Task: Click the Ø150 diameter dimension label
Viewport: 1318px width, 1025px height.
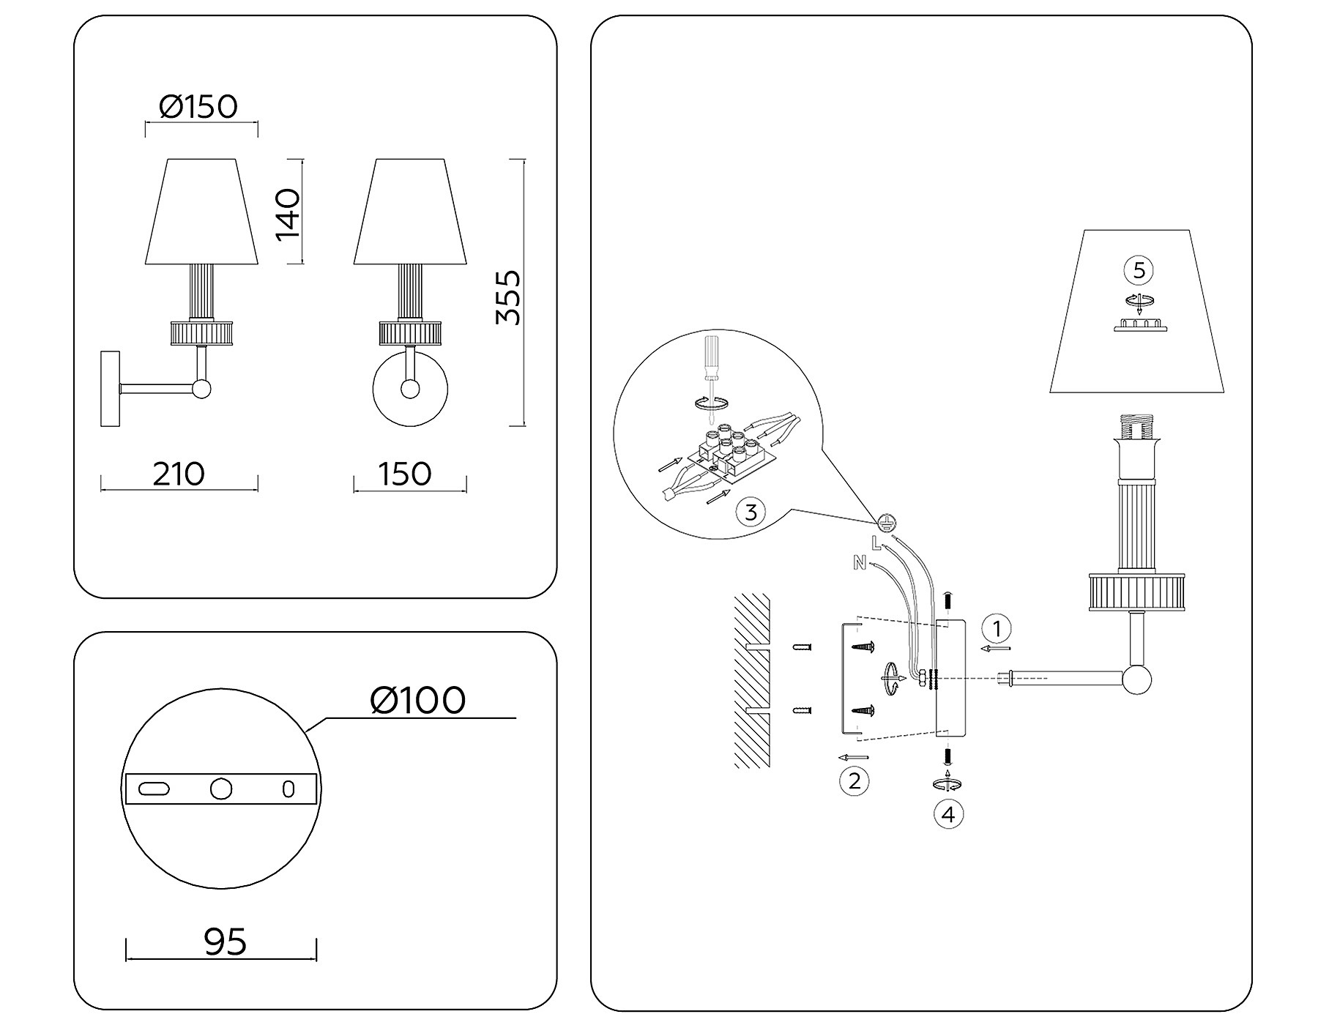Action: pos(198,107)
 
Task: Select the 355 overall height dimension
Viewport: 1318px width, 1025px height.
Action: pos(507,297)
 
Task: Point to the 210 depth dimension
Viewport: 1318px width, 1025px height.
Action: pos(179,474)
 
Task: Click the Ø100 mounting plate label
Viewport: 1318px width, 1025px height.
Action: pos(418,701)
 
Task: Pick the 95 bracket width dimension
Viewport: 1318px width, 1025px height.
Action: pos(225,942)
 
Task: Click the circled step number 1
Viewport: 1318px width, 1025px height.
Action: pos(996,628)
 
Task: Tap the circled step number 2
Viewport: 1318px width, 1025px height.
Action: pos(854,780)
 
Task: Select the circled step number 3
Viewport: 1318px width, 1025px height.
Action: pos(751,512)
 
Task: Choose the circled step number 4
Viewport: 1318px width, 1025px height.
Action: pos(948,814)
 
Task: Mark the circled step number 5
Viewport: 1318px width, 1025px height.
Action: pos(1139,271)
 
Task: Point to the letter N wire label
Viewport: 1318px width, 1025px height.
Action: pos(859,563)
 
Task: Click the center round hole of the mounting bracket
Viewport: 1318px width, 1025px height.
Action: pos(220,789)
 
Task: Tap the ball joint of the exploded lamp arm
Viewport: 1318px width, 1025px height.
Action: pos(1137,679)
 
